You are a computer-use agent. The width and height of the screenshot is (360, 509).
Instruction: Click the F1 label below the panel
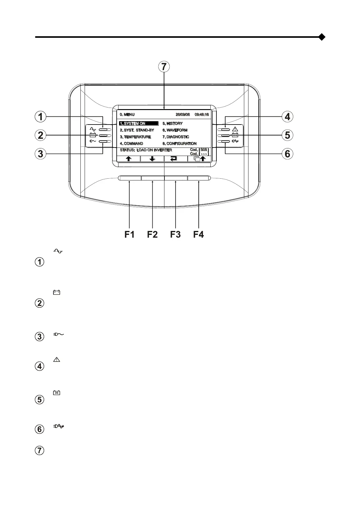tap(129, 234)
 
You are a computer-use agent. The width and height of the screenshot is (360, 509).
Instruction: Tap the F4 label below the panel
tap(199, 234)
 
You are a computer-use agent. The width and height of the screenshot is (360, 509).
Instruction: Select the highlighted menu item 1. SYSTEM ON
tap(138, 123)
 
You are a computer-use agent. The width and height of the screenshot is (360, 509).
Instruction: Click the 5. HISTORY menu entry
tap(173, 123)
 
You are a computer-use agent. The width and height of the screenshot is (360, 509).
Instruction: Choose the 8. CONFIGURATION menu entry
tap(180, 144)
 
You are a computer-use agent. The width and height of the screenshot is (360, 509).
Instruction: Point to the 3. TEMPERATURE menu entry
tap(135, 137)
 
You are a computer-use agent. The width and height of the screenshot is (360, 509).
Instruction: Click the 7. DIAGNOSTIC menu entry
tap(176, 137)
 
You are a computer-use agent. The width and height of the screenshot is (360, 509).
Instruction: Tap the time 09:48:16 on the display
tap(202, 115)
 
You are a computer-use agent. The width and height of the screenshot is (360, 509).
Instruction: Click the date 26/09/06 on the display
tap(183, 115)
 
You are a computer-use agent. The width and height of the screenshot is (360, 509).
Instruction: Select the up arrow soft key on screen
tap(129, 159)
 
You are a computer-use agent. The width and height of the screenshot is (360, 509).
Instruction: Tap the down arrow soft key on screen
tap(152, 159)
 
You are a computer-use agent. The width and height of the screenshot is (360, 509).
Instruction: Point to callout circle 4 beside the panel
tap(287, 116)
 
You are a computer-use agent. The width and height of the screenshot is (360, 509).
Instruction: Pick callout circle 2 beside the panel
tap(40, 135)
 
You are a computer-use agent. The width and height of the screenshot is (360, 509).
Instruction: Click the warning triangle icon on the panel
tap(235, 129)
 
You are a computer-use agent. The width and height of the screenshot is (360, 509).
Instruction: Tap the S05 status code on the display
tap(204, 150)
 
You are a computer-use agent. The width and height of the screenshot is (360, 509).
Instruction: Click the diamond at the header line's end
tap(322, 37)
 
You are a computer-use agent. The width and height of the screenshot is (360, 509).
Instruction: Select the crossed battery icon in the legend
tap(57, 393)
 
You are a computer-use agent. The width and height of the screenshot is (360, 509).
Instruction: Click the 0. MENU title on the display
tap(127, 115)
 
